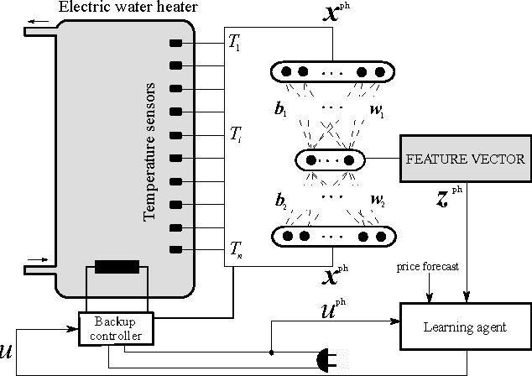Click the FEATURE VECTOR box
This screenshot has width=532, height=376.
(x=465, y=159)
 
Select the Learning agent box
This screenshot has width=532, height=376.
(x=465, y=323)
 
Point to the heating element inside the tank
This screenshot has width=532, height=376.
(x=117, y=267)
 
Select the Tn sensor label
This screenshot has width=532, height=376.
(x=236, y=250)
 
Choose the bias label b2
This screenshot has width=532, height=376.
(x=280, y=201)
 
